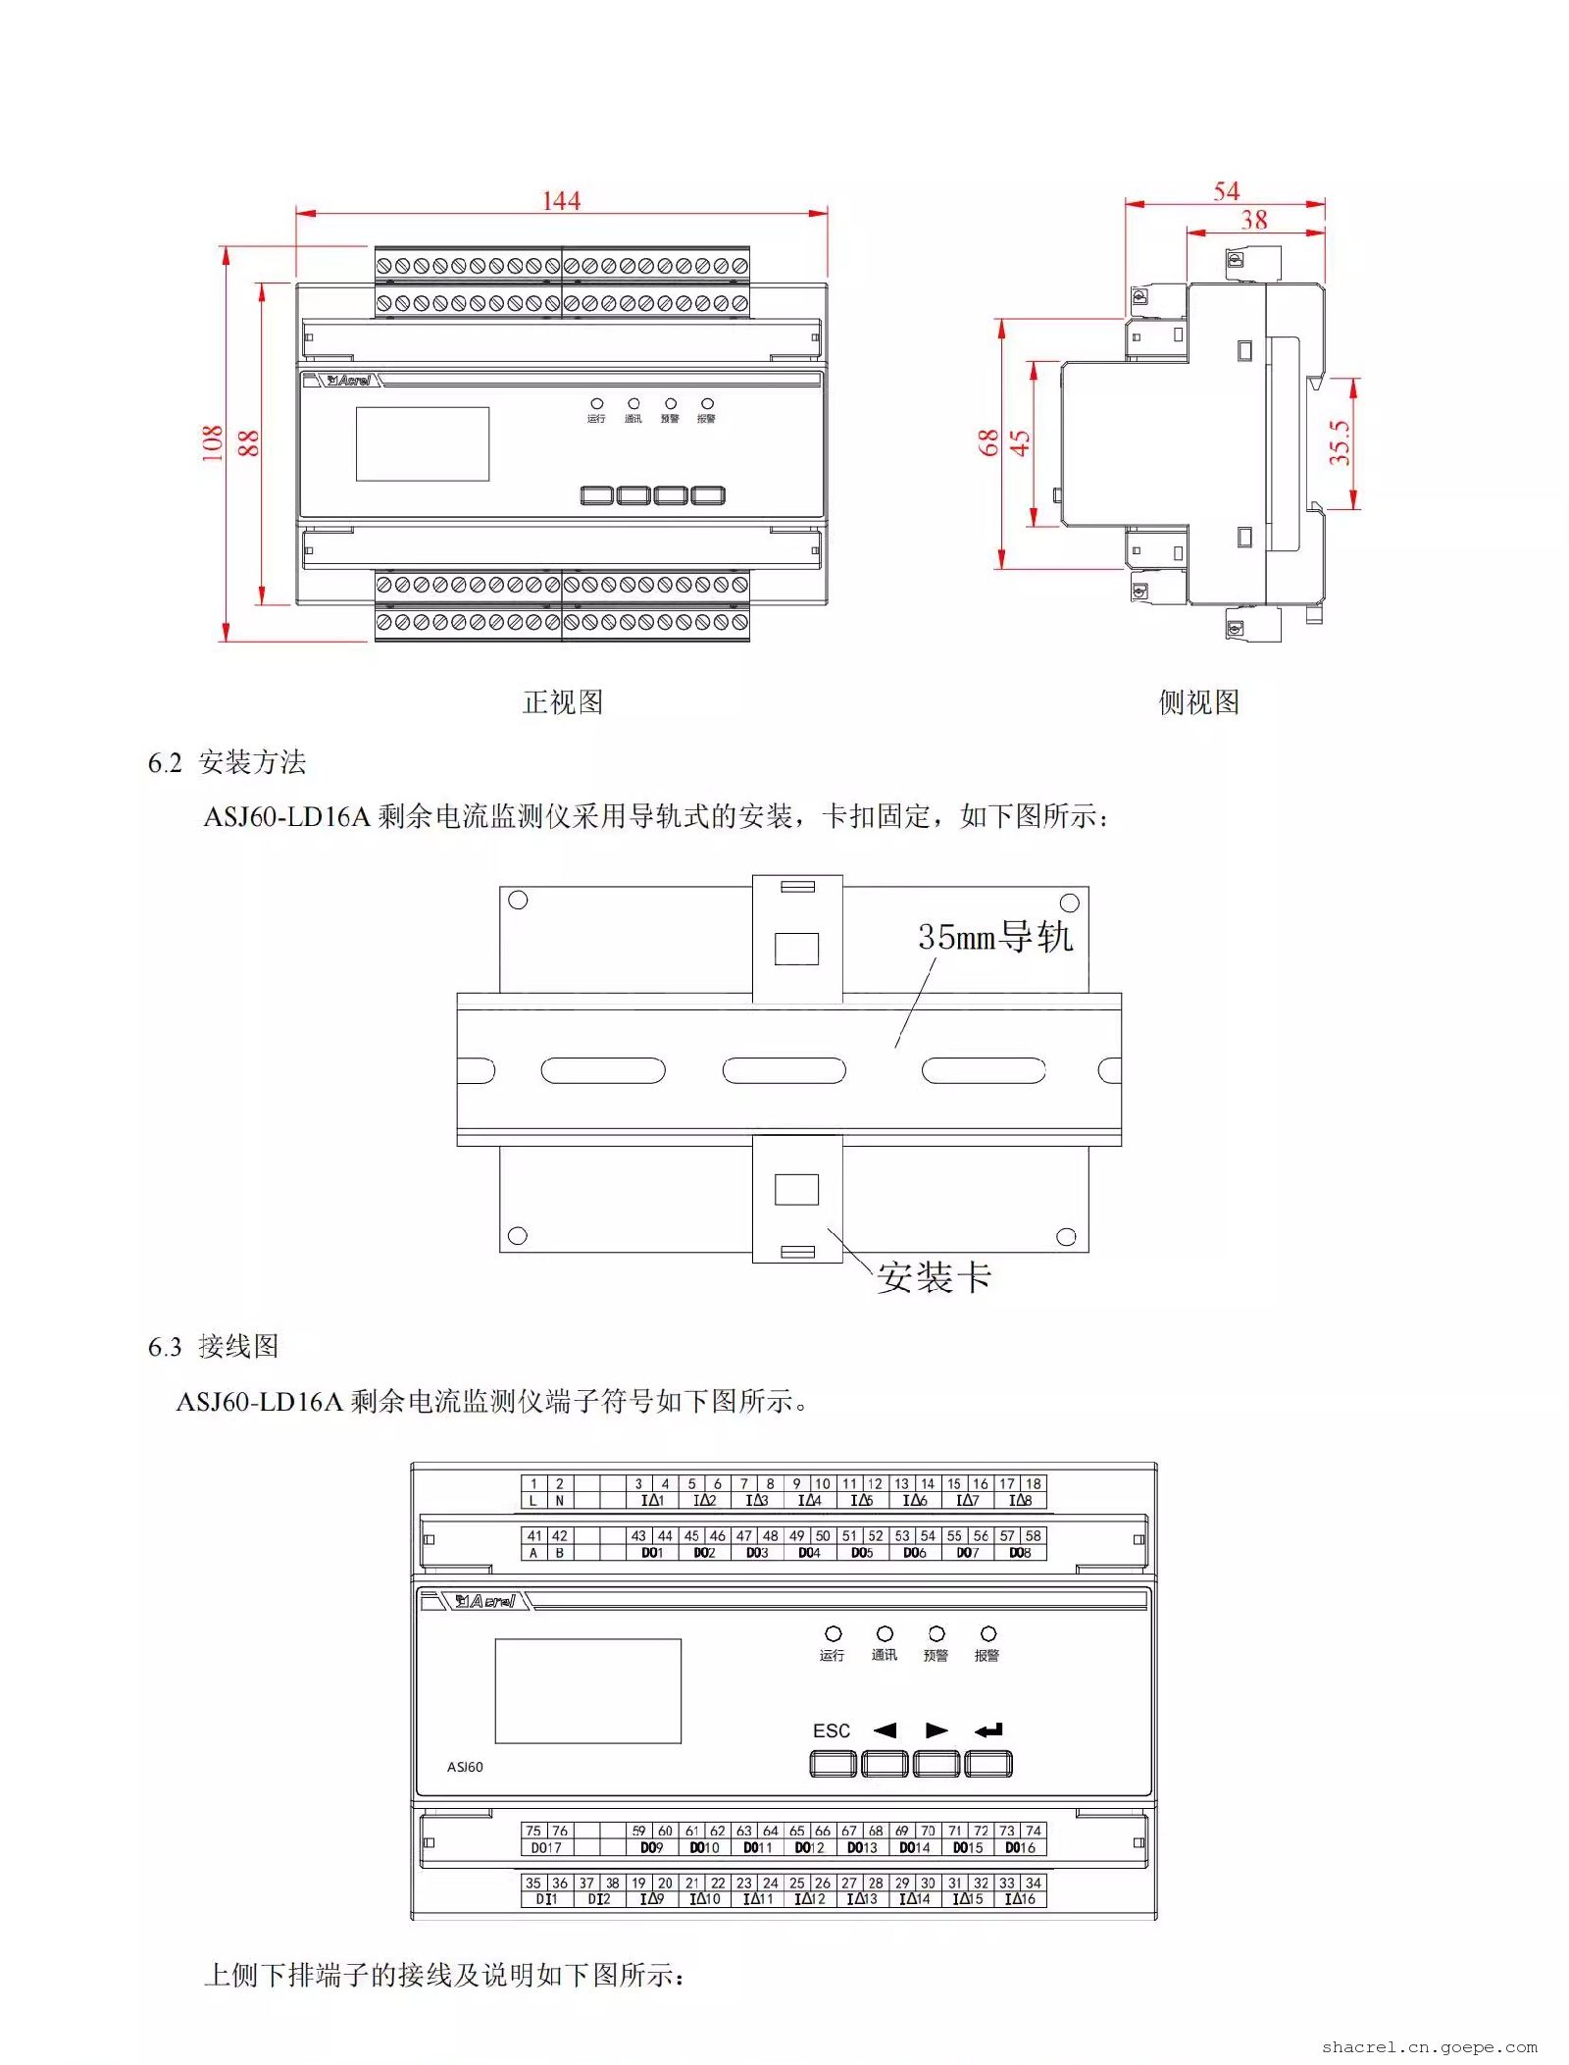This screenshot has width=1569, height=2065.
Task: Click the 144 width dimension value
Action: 561,200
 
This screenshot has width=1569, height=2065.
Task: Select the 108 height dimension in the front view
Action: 212,442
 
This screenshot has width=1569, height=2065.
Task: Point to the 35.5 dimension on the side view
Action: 1340,442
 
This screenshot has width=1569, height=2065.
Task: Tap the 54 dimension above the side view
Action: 1226,190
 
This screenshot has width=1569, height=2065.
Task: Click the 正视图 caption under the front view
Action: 562,701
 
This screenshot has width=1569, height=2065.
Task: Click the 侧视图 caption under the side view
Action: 1198,701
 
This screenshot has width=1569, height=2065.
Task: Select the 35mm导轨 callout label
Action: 994,937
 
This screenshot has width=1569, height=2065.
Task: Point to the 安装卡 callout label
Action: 934,1277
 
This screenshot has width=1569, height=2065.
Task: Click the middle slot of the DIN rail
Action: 784,1070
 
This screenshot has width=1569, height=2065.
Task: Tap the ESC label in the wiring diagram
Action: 831,1730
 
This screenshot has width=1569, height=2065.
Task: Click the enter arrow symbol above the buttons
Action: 988,1730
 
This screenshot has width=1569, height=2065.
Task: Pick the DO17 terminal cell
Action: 546,1847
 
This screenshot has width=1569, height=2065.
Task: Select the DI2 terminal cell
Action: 599,1899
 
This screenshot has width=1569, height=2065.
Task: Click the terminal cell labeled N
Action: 559,1500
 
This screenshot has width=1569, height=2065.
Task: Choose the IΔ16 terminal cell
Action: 1020,1899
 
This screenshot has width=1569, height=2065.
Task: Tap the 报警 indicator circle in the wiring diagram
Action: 988,1633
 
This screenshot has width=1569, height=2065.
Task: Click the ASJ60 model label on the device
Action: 465,1767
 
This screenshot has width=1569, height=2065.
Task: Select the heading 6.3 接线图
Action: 213,1346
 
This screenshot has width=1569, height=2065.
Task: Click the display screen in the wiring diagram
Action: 587,1690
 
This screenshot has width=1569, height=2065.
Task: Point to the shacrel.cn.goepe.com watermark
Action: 1429,2046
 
